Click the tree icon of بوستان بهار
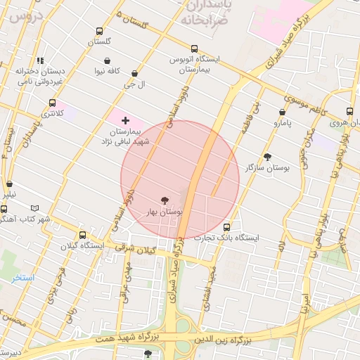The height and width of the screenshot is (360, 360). click(x=165, y=200)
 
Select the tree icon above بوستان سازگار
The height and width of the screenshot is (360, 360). click(x=267, y=157)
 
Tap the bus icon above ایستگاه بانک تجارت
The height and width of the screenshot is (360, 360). click(x=226, y=227)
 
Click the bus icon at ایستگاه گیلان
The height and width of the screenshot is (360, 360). click(x=84, y=236)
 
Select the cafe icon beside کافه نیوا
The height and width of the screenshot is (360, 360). click(x=106, y=71)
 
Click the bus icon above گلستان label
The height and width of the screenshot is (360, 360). click(x=99, y=32)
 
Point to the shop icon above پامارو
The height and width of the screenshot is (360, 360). click(x=282, y=112)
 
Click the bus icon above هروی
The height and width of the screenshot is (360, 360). click(x=349, y=111)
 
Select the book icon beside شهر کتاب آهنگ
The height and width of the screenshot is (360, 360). click(x=35, y=208)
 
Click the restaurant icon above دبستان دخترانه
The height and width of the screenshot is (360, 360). click(x=40, y=60)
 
